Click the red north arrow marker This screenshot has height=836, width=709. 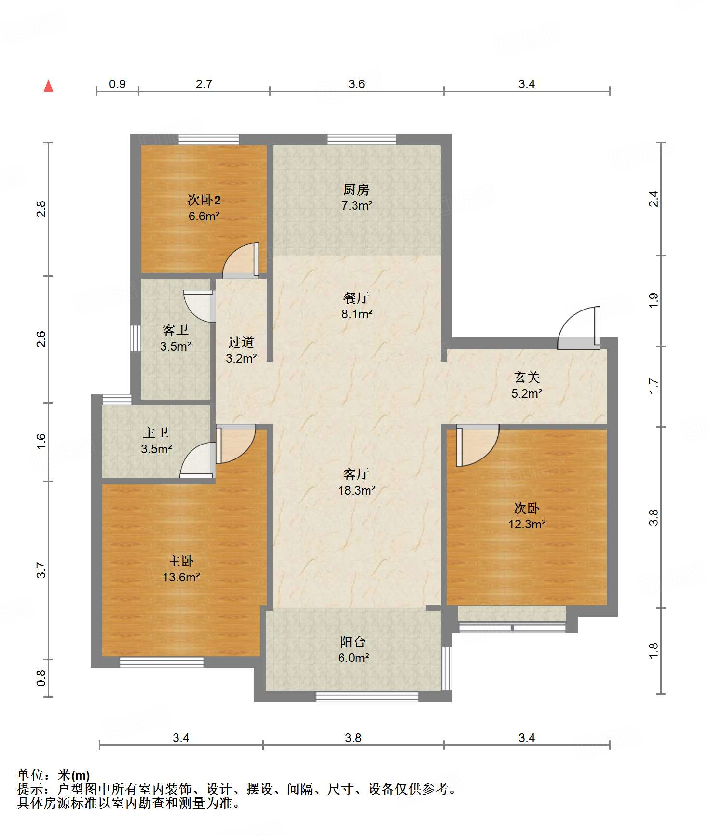pyautogui.click(x=48, y=86)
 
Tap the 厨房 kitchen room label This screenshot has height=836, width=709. pyautogui.click(x=356, y=189)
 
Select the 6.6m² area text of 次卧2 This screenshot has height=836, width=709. pyautogui.click(x=204, y=216)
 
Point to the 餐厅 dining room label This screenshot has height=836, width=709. pyautogui.click(x=356, y=298)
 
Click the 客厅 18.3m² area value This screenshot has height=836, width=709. pyautogui.click(x=357, y=490)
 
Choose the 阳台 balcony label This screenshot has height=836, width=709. pyautogui.click(x=353, y=642)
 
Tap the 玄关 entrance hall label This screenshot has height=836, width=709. pyautogui.click(x=527, y=378)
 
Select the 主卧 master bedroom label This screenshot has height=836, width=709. pyautogui.click(x=181, y=561)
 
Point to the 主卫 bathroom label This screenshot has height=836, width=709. pyautogui.click(x=156, y=433)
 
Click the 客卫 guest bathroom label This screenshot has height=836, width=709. pyautogui.click(x=175, y=330)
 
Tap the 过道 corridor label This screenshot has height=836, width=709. pyautogui.click(x=241, y=342)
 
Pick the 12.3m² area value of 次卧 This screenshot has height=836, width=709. pyautogui.click(x=527, y=524)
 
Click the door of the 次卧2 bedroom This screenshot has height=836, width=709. pyautogui.click(x=241, y=261)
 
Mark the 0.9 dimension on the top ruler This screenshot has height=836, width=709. pyautogui.click(x=117, y=84)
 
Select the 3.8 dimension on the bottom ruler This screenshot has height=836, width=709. pyautogui.click(x=353, y=738)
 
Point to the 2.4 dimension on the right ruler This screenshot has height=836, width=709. pyautogui.click(x=653, y=199)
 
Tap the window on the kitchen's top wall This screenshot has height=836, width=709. pyautogui.click(x=362, y=139)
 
